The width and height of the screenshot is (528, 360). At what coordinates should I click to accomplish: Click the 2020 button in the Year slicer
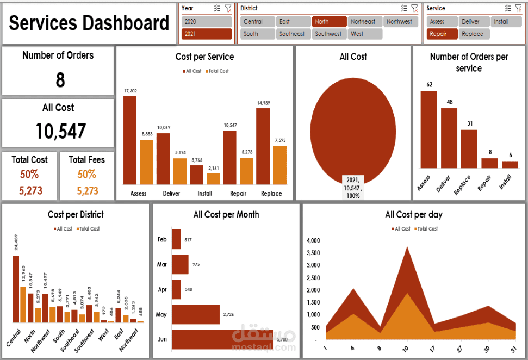[207, 22]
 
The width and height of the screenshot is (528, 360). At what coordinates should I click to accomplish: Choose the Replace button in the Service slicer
[473, 34]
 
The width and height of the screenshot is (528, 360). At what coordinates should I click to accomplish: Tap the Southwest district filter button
[329, 34]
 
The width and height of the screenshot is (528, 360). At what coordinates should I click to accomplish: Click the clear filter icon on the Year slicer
[228, 8]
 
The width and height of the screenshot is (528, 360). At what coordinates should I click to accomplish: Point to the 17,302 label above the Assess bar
[130, 91]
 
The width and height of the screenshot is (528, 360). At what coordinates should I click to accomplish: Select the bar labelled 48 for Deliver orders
[449, 138]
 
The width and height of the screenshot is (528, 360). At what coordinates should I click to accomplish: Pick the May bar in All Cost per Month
[196, 314]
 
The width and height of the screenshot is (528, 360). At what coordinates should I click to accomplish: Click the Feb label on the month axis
[163, 240]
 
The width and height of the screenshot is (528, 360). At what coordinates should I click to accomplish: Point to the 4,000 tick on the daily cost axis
[313, 240]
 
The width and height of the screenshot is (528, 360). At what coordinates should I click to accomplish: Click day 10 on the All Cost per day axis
[405, 347]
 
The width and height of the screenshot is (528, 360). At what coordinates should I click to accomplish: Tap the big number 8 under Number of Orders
[60, 80]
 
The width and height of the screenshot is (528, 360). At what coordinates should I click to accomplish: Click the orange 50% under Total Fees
[87, 175]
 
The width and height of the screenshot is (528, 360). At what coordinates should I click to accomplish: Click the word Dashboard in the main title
[127, 23]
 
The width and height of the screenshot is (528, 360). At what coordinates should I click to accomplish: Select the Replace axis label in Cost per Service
[271, 194]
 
